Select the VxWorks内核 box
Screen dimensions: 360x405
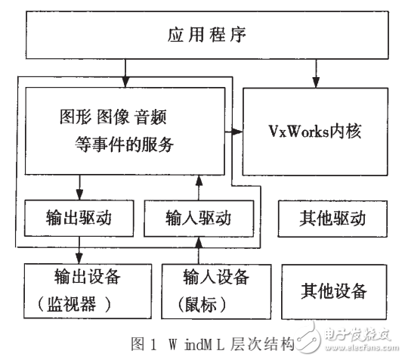(x=318, y=132)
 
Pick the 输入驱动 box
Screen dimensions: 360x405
(x=199, y=220)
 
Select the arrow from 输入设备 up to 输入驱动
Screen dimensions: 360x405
(x=199, y=249)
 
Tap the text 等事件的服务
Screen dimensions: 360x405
(x=125, y=144)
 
